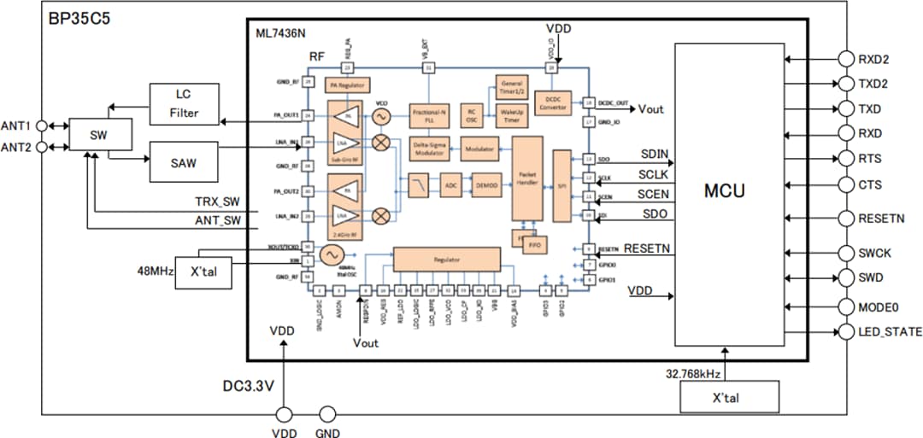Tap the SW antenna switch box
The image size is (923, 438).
tap(100, 135)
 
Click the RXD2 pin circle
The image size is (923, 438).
tap(846, 59)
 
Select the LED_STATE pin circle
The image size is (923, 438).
tap(846, 331)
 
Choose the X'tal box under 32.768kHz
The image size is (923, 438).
tap(730, 397)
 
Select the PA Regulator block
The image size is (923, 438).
tap(347, 85)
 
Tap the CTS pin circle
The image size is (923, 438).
tap(846, 184)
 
